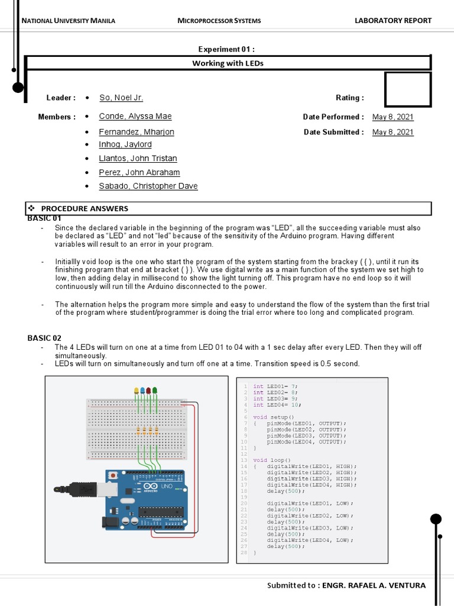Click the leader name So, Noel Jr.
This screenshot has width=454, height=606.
coord(121,98)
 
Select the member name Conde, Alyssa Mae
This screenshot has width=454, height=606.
coord(135,117)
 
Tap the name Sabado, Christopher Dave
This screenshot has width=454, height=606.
coord(148,186)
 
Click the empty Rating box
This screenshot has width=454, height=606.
coord(407,90)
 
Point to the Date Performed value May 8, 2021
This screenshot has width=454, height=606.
coord(393,117)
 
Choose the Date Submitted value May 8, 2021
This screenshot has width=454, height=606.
coord(393,132)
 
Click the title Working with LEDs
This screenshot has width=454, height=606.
coord(228,63)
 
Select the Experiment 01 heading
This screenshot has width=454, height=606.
coord(227,49)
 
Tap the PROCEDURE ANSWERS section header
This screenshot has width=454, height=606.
coord(84,208)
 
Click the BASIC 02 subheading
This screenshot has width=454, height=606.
coord(44,338)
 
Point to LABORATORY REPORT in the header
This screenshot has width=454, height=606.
coord(393,21)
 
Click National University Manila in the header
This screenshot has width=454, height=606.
coord(68,21)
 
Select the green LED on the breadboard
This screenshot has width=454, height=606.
coord(155,391)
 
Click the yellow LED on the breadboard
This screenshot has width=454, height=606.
coord(137,391)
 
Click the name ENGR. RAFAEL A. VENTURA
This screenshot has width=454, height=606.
coord(372,585)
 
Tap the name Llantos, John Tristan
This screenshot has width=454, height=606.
coord(138,159)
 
